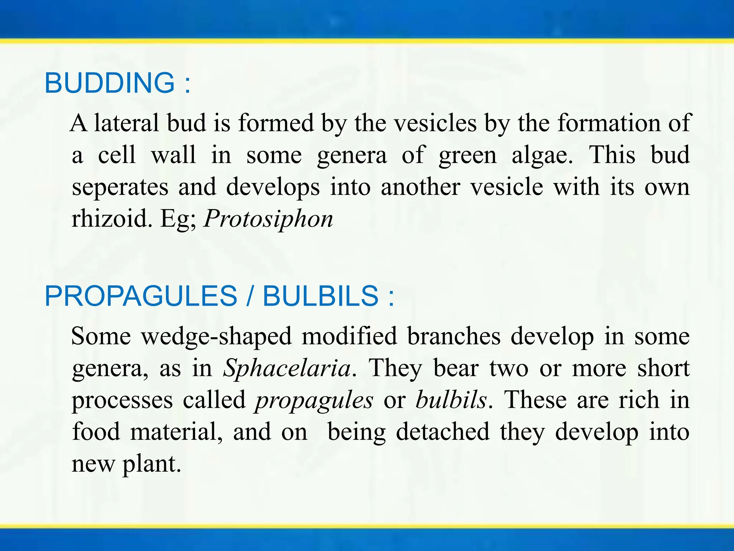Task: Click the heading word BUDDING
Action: pyautogui.click(x=110, y=83)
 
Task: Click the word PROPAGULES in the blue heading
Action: pyautogui.click(x=141, y=296)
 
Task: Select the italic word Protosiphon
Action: pyautogui.click(x=268, y=218)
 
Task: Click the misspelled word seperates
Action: pyautogui.click(x=120, y=187)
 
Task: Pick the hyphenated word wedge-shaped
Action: pyautogui.click(x=216, y=337)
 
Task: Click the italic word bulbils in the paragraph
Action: pyautogui.click(x=451, y=400)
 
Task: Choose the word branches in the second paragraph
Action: pyautogui.click(x=454, y=336)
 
